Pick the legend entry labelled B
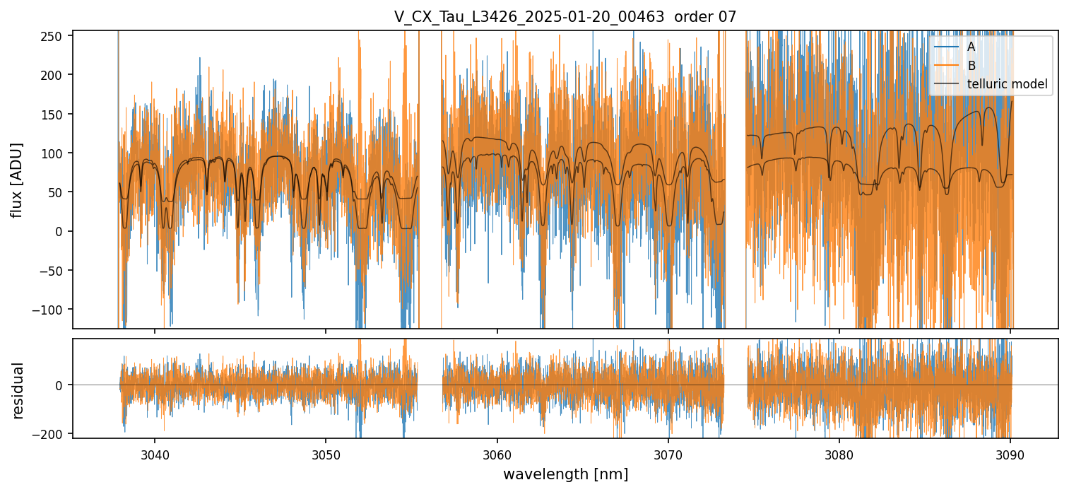pyautogui.click(x=971, y=66)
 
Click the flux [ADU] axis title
pyautogui.click(x=17, y=180)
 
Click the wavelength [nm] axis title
pyautogui.click(x=565, y=474)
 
